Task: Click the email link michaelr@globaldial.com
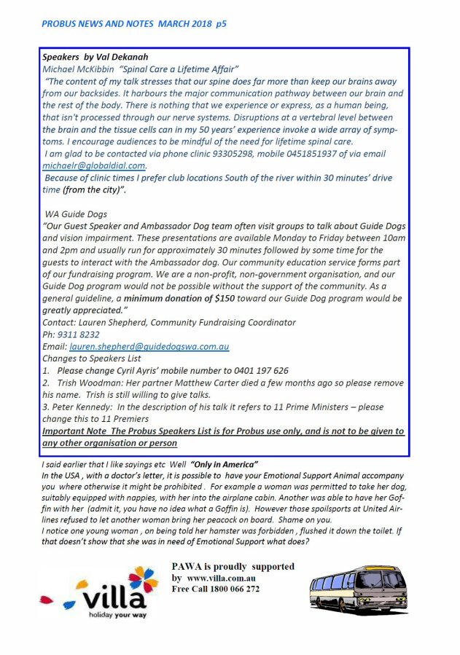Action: pyautogui.click(x=94, y=165)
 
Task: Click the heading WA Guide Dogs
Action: pyautogui.click(x=74, y=213)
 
